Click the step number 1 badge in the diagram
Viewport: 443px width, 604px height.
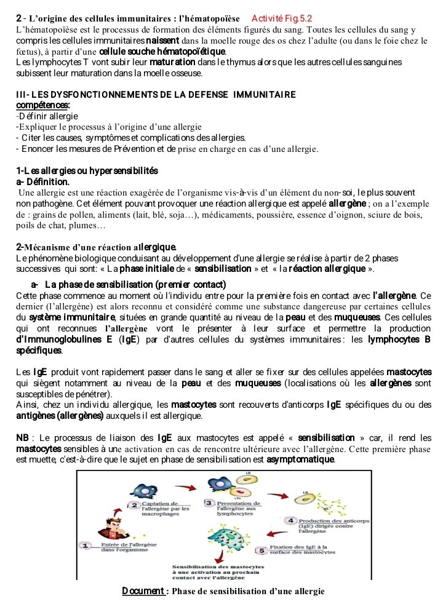point(87,545)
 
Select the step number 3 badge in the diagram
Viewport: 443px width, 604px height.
point(209,504)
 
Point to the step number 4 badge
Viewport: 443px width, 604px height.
point(292,520)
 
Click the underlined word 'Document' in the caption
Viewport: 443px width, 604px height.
point(143,591)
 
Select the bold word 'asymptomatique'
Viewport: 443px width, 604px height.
point(297,459)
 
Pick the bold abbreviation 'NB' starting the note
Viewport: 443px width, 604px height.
point(23,437)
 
